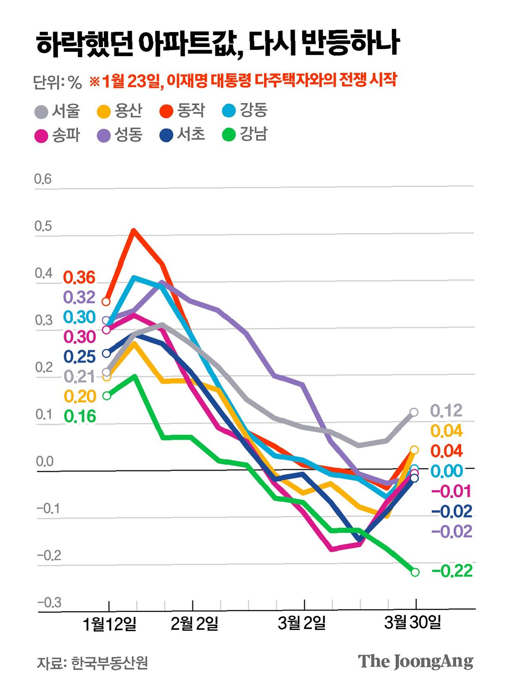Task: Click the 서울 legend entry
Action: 58,111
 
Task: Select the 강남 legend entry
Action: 245,135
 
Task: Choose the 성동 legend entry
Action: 120,135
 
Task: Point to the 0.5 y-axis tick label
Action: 43,226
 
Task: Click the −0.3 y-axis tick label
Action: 49,602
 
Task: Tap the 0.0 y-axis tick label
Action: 45,461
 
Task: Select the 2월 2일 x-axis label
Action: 194,623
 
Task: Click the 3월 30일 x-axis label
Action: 413,622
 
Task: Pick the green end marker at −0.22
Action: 415,572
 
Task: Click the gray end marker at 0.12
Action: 414,412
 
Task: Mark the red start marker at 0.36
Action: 106,301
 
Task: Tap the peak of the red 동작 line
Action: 134,230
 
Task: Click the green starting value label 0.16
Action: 80,416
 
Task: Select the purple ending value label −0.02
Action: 452,532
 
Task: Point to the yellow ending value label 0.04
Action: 446,431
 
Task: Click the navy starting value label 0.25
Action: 80,357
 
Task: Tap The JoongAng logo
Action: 415,662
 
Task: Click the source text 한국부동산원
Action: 110,663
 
